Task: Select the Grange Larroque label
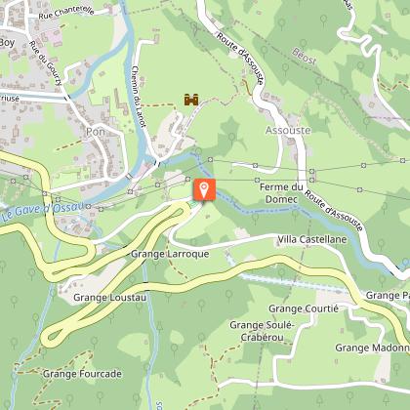tap(170, 254)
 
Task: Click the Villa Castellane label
tap(311, 239)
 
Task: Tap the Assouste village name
tap(289, 130)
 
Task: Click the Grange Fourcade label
tap(82, 373)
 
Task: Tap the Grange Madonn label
tap(371, 347)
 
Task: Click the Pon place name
tap(95, 130)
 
